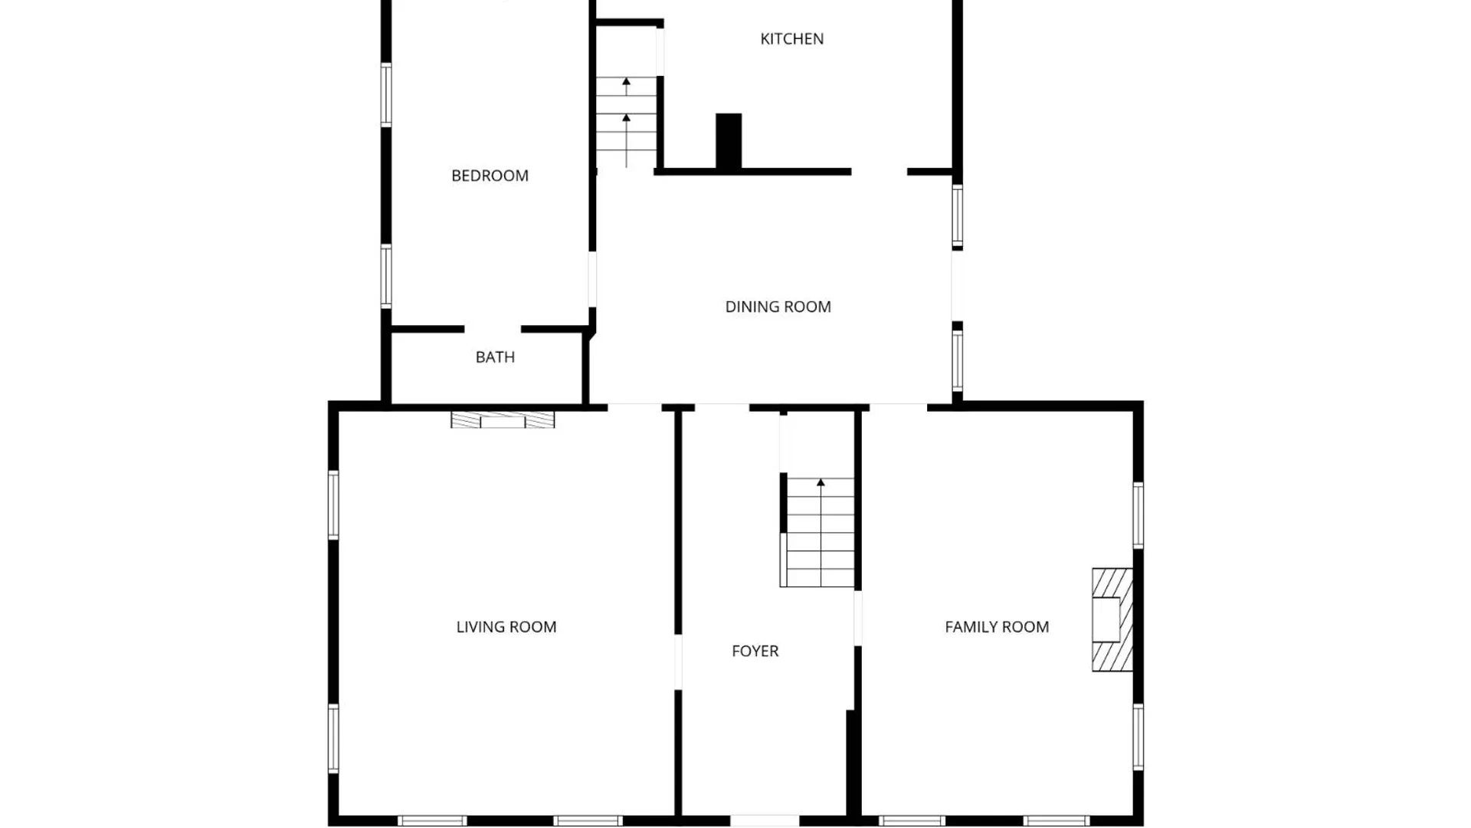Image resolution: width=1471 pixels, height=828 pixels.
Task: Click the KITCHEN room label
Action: coord(791,39)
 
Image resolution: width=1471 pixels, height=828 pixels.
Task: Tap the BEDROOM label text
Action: coord(490,176)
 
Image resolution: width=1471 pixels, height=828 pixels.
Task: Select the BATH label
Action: coord(495,357)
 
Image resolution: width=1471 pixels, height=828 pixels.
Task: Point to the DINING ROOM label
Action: coord(778,307)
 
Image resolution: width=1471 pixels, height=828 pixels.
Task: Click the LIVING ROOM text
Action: coord(506,627)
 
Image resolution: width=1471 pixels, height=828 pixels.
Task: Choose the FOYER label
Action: coord(755,651)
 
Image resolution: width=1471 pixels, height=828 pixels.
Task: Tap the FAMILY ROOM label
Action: coord(996,627)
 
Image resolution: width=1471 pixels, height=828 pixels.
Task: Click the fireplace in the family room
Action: coord(1111,619)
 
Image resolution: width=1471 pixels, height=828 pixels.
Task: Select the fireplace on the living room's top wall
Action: coord(503,420)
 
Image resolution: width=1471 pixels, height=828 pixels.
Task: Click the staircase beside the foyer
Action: coord(820,533)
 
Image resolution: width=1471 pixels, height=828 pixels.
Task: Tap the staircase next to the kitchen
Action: coord(627,123)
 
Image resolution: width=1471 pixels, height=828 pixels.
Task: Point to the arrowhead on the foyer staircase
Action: coord(821,483)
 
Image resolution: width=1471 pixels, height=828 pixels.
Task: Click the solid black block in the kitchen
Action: coord(729,141)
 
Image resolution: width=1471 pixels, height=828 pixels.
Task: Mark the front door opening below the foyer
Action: coord(764,820)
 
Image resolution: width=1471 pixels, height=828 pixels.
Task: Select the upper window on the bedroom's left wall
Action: coord(386,94)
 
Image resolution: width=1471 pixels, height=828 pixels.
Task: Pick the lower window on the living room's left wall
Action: coord(333,738)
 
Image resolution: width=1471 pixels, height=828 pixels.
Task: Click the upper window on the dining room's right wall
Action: coord(957,216)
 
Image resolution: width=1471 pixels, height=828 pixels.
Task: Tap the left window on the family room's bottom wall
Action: coord(912,820)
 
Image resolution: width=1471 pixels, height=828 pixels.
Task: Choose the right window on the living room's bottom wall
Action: coord(588,820)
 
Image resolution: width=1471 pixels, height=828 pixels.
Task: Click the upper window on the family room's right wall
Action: coord(1138,515)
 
